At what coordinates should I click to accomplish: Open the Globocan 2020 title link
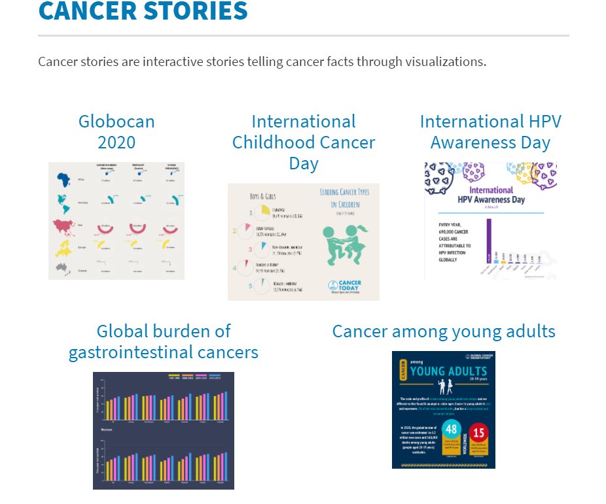click(116, 131)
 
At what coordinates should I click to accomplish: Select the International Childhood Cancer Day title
click(304, 142)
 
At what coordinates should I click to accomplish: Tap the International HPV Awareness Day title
click(490, 131)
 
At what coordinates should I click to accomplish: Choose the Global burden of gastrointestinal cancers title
click(164, 341)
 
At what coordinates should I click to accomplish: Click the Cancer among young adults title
click(444, 331)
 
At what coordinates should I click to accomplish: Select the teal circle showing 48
click(450, 431)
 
